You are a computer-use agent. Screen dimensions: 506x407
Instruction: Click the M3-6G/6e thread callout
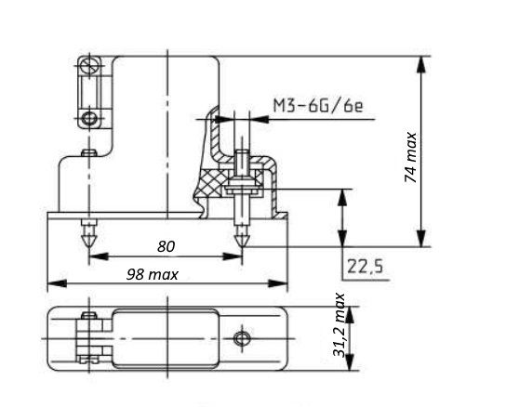(x=318, y=105)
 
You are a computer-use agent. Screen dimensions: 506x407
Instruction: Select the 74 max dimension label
(x=410, y=157)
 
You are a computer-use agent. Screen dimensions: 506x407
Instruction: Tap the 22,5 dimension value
(x=365, y=267)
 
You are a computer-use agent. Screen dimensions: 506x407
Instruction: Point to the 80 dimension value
(x=166, y=246)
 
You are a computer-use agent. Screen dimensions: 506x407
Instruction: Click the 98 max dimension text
(x=152, y=274)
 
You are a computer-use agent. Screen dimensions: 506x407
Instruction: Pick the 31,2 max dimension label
(x=339, y=324)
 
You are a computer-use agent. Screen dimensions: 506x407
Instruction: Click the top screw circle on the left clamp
(x=89, y=66)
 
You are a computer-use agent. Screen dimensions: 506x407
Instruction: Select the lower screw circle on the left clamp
(x=89, y=118)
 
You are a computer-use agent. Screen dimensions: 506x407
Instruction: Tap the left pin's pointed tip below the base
(x=89, y=245)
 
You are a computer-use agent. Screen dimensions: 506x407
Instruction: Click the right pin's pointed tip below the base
(x=242, y=245)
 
